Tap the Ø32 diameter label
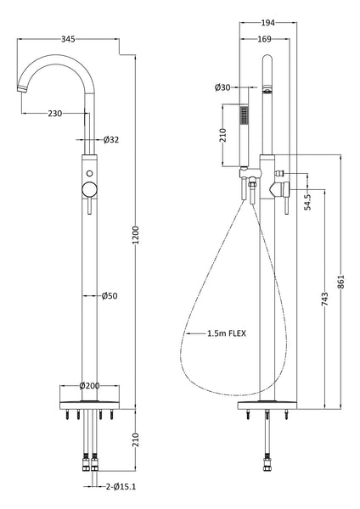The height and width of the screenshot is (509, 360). pyautogui.click(x=110, y=140)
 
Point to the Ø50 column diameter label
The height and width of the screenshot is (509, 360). pyautogui.click(x=110, y=296)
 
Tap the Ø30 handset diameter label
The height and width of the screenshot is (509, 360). pyautogui.click(x=224, y=88)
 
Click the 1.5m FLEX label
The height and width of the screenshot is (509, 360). pyautogui.click(x=226, y=333)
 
